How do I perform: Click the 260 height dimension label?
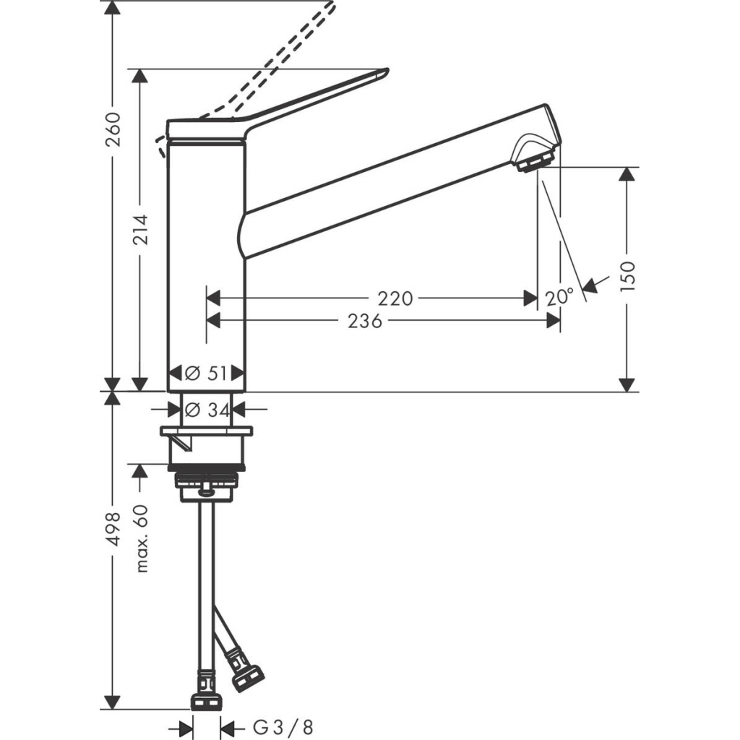click(x=113, y=129)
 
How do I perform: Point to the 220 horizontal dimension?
click(x=395, y=298)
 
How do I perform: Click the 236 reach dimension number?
click(x=365, y=322)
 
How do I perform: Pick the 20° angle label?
click(x=559, y=297)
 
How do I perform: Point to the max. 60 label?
click(x=142, y=538)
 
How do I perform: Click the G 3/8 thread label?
click(x=284, y=726)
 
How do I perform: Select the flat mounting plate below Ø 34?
click(x=207, y=432)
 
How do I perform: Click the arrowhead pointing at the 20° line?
click(x=590, y=286)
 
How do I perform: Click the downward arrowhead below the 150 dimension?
click(x=627, y=384)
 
